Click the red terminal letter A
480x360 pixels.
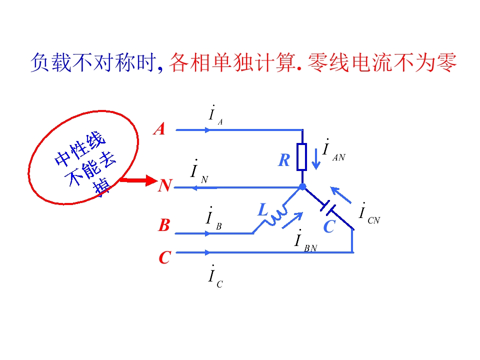coord(159,129)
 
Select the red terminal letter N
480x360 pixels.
coord(165,185)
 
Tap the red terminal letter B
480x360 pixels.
coord(164,225)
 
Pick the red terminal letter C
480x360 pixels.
coord(164,257)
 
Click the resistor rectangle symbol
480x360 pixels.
coord(302,156)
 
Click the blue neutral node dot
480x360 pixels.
coord(302,186)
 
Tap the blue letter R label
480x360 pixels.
coord(284,160)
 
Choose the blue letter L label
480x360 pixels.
coord(263,210)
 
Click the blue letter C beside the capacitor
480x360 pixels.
coord(329,227)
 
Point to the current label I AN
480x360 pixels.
coord(333,150)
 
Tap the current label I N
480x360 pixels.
coord(199,171)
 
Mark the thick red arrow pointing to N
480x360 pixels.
coord(138,180)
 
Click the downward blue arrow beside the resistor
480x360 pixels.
coord(316,159)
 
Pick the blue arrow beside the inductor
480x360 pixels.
coord(292,220)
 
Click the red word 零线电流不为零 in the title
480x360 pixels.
coord(382,63)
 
